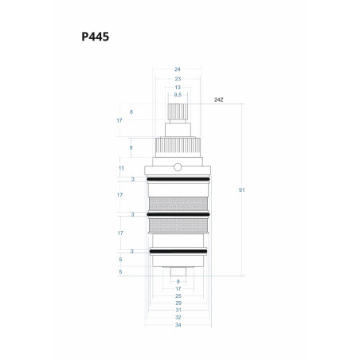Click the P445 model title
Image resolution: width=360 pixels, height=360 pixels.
click(x=95, y=37)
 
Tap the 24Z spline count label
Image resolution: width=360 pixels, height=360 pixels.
click(x=219, y=100)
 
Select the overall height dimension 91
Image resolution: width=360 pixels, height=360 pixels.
click(x=241, y=190)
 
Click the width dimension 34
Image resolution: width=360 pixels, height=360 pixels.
click(x=178, y=325)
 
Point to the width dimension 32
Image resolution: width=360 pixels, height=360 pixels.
click(x=178, y=317)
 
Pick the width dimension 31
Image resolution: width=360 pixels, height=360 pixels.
click(x=178, y=310)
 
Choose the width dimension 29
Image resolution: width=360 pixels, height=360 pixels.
click(x=178, y=303)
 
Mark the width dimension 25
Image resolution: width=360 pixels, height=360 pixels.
click(x=178, y=295)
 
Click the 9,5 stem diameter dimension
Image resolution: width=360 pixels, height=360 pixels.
click(x=178, y=95)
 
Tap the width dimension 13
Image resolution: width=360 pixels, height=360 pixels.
click(x=178, y=88)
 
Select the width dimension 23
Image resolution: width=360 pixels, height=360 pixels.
click(x=178, y=79)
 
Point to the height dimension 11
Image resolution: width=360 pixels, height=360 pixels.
click(x=121, y=168)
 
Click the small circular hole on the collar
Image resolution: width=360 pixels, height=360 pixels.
click(x=178, y=167)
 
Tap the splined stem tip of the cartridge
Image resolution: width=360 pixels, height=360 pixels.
click(x=178, y=112)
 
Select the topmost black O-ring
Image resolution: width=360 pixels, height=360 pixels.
click(x=178, y=179)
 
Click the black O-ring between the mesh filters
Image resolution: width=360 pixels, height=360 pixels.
click(x=178, y=214)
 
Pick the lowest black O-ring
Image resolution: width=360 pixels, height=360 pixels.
click(x=178, y=251)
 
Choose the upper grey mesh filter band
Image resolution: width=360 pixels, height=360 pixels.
click(x=178, y=204)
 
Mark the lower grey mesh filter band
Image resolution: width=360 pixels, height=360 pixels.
click(x=178, y=225)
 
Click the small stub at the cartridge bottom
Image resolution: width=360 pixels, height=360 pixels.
click(x=178, y=272)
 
